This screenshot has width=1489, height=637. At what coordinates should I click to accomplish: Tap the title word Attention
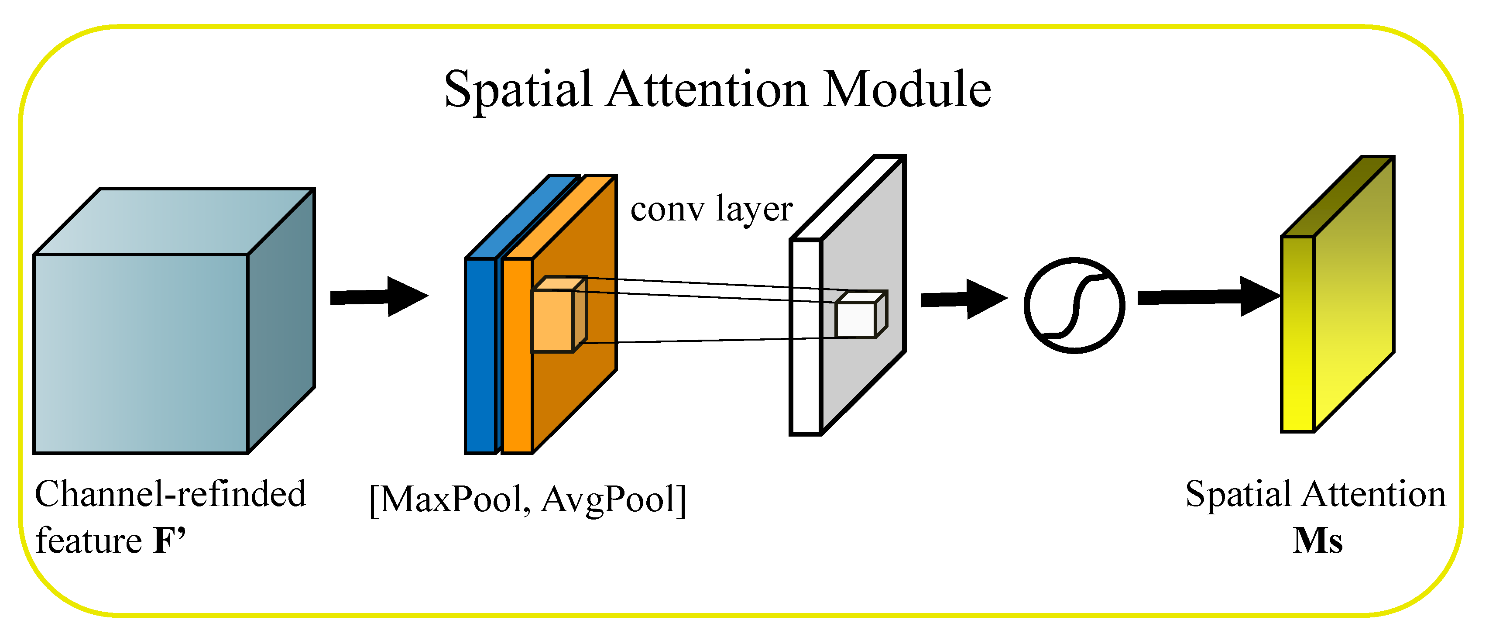point(707,90)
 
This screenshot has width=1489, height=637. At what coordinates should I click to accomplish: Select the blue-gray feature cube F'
point(142,353)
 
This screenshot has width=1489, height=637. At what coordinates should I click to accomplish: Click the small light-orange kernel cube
point(553,321)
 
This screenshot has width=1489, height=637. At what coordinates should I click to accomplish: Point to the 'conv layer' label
point(711,209)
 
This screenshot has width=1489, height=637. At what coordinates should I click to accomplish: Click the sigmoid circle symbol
point(1074,305)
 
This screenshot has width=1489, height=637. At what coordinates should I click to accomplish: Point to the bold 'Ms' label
point(1317,541)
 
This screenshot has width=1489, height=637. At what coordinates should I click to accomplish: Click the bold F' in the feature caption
point(169,541)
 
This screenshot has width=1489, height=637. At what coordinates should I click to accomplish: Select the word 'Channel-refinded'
point(171,495)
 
